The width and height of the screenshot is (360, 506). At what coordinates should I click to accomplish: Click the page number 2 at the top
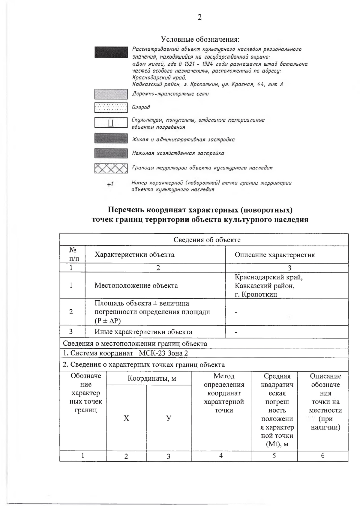199,17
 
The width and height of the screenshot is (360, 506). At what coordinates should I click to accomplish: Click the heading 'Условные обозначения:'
200,39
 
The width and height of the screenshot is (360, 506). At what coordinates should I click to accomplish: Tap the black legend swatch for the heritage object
111,52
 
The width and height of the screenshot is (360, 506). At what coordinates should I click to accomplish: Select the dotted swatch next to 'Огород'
111,107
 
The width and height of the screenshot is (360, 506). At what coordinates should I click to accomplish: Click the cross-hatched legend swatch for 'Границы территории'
111,168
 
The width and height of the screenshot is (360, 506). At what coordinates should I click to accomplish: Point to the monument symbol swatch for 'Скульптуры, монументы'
111,123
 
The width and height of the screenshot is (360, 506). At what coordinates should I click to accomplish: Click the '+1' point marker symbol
110,184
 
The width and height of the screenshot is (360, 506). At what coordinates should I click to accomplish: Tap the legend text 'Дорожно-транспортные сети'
170,94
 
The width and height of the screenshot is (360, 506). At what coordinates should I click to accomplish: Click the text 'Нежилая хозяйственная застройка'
178,153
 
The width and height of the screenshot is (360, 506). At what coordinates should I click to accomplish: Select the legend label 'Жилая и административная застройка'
183,139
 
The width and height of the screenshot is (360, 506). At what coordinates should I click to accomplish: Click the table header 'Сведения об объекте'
207,240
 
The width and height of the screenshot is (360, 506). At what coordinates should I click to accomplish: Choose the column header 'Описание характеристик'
274,255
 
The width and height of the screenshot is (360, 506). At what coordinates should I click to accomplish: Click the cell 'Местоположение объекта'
136,285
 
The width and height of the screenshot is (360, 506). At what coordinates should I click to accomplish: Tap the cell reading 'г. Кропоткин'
256,294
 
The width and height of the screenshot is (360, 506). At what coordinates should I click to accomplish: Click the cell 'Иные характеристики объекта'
143,332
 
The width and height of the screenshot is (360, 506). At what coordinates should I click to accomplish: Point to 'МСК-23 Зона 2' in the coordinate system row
163,353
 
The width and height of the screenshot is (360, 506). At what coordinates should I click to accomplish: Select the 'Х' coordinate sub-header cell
126,418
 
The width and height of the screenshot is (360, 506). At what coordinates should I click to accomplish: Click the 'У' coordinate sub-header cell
169,418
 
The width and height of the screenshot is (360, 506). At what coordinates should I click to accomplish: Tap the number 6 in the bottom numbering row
323,456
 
